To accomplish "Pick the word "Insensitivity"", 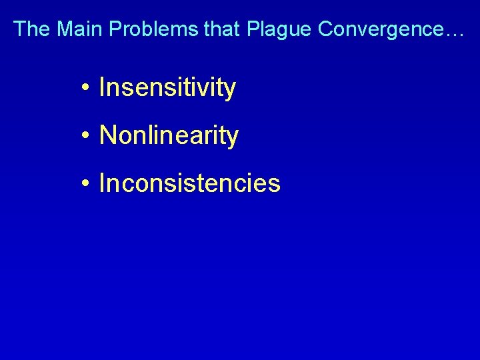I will click(x=167, y=88).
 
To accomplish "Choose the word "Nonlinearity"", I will click(x=169, y=136).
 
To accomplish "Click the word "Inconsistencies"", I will click(x=189, y=183).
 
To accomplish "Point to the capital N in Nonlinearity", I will click(x=107, y=136).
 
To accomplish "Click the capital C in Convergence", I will click(x=327, y=29).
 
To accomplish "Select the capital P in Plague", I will click(x=254, y=29).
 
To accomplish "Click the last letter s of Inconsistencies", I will click(x=275, y=185).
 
